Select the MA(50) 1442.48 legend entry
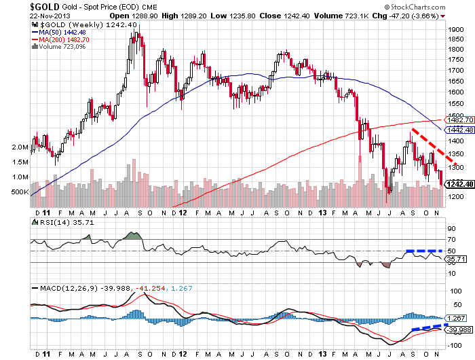(x=62, y=32)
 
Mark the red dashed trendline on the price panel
(x=428, y=144)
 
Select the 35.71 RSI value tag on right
(x=454, y=259)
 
